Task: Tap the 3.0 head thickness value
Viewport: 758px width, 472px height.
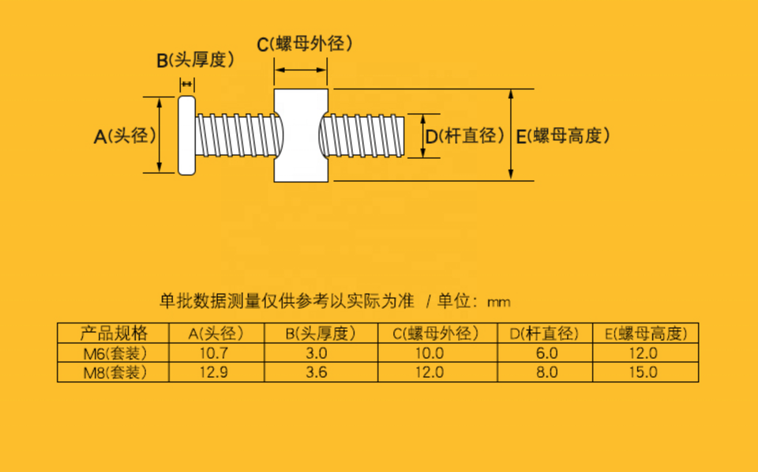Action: pos(320,353)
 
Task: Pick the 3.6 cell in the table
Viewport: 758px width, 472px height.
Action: pos(320,372)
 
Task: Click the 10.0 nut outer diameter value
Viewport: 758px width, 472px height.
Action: pos(434,353)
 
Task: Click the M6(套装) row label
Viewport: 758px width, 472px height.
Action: pos(114,353)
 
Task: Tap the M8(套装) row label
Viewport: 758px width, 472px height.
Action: pos(114,372)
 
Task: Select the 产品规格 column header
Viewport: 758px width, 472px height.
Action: pos(114,334)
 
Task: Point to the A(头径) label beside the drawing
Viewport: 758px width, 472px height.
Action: pos(125,136)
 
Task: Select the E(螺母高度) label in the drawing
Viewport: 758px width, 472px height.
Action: pos(562,136)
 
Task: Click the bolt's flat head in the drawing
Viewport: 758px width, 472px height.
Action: pos(186,135)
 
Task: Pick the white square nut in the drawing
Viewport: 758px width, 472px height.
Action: pos(300,135)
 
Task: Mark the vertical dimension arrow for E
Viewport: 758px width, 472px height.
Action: pos(512,134)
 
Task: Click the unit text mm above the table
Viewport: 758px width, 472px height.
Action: pos(498,302)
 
